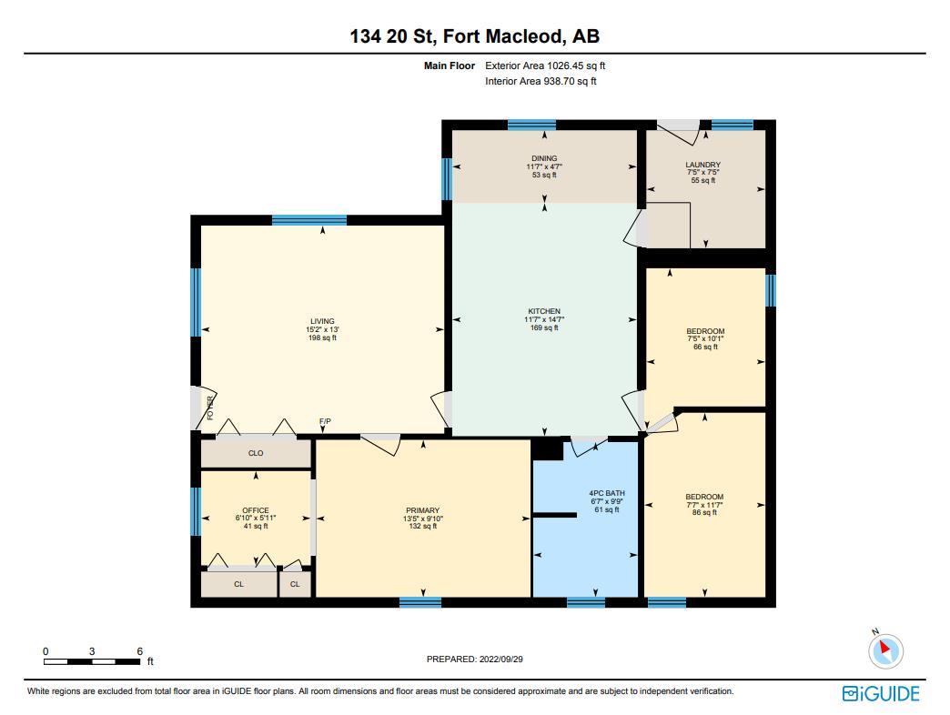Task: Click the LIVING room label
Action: pyautogui.click(x=322, y=321)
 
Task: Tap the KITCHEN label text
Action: pyautogui.click(x=544, y=311)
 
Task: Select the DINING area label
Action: pyautogui.click(x=544, y=158)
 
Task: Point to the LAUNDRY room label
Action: pyautogui.click(x=702, y=165)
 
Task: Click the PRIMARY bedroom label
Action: pyautogui.click(x=423, y=510)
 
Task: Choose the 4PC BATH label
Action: pyautogui.click(x=606, y=493)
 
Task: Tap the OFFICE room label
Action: pyautogui.click(x=256, y=510)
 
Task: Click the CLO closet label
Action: pyautogui.click(x=256, y=453)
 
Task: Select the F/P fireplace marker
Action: pyautogui.click(x=326, y=421)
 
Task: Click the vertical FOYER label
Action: pyautogui.click(x=210, y=408)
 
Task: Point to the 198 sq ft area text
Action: pyautogui.click(x=322, y=337)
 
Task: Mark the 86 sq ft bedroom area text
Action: pyautogui.click(x=704, y=512)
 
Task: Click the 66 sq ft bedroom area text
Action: pyautogui.click(x=705, y=347)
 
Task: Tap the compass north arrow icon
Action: pyautogui.click(x=885, y=650)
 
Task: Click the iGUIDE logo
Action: pyautogui.click(x=881, y=693)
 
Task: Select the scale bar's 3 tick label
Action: pyautogui.click(x=92, y=651)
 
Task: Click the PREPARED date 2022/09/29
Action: pyautogui.click(x=500, y=659)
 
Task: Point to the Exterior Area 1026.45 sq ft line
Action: pyautogui.click(x=545, y=65)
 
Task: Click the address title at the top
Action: pyautogui.click(x=474, y=36)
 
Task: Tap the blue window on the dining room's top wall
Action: pyautogui.click(x=531, y=126)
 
